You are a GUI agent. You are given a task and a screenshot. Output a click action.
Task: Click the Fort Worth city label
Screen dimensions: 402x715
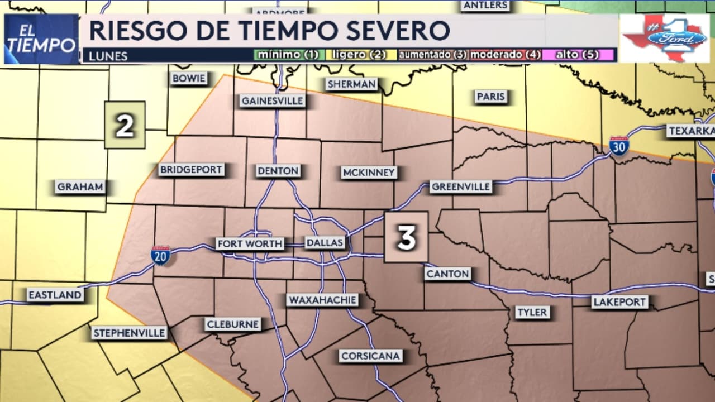coord(250,243)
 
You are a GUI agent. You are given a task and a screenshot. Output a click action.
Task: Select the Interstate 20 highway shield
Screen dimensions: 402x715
coord(160,255)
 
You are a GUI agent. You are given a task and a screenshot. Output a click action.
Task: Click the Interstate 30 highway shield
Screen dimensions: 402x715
coord(619,145)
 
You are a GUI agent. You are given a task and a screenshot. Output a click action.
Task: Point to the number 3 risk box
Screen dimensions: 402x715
coord(406,237)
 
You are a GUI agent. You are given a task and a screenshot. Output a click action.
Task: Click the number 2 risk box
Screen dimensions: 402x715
coord(125,125)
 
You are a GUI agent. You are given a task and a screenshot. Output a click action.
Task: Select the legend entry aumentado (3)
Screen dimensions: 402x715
coord(432,55)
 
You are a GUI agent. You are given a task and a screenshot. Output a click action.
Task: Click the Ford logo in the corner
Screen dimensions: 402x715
coord(664,38)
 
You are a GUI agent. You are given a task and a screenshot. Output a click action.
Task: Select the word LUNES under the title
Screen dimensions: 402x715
coord(108,56)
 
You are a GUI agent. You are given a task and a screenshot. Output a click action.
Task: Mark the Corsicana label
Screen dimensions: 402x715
coord(370,356)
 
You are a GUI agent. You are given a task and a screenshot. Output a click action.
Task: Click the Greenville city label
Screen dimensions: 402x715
coord(460,186)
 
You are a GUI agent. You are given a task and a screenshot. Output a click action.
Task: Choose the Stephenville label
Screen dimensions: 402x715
coord(130,333)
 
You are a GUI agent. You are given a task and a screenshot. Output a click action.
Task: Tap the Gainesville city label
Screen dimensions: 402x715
coord(273,101)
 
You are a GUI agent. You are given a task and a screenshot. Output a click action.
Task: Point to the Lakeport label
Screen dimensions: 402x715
coord(620,302)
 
